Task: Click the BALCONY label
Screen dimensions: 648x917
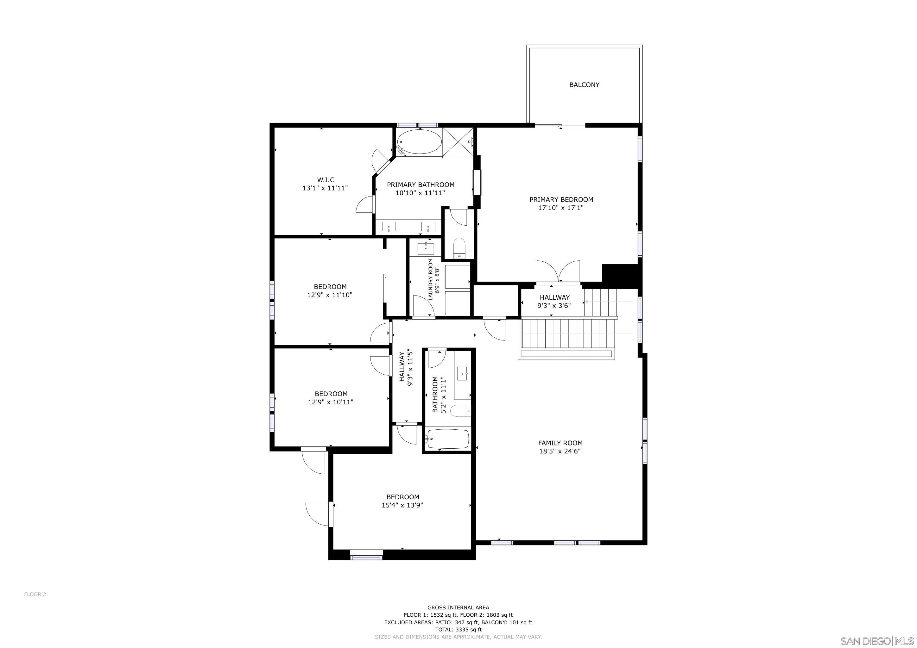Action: coord(584,84)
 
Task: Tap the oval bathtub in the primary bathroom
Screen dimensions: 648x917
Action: coord(419,142)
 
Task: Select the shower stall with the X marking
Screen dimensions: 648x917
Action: coord(458,142)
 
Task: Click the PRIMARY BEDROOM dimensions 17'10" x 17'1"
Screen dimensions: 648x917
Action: coord(561,208)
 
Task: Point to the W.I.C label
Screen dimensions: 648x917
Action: coord(326,180)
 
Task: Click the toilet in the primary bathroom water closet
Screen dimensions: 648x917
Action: coord(460,248)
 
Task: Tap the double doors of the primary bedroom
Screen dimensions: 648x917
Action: coord(558,272)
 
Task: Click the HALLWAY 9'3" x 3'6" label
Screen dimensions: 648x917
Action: coord(554,302)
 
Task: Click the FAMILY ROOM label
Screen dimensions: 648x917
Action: coord(560,443)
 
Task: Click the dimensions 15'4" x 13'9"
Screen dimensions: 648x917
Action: coord(402,505)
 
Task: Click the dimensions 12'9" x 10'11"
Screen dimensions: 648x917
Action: coord(331,402)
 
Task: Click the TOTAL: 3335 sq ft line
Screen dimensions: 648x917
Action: coord(458,630)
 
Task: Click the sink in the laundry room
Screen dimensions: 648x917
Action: coord(426,248)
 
